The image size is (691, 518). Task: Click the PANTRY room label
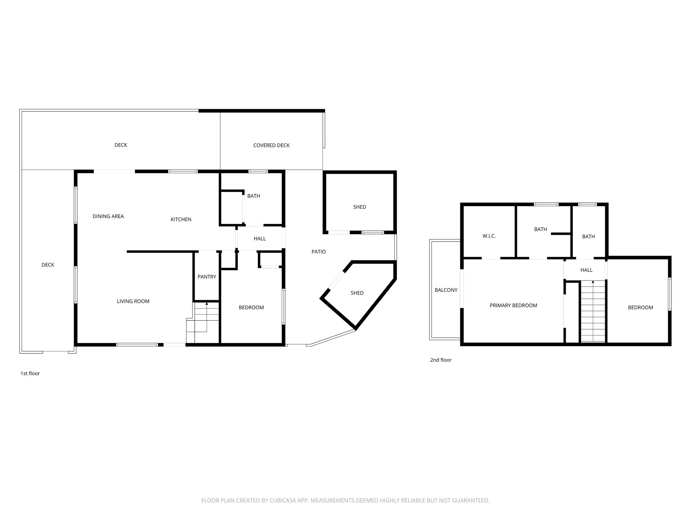207,277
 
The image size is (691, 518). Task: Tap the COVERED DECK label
271,145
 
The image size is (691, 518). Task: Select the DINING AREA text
108,216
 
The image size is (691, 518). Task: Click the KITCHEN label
181,220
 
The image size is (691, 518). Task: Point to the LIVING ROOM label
133,301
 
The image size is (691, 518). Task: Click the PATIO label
319,252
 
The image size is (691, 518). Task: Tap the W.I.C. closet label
489,236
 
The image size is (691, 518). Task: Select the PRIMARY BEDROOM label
513,306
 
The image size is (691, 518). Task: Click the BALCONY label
446,290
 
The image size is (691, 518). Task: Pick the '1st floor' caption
30,373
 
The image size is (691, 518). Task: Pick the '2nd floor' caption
440,360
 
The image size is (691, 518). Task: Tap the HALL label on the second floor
586,270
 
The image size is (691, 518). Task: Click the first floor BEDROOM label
251,308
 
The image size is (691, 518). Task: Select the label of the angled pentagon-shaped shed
357,293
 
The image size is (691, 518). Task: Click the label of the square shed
359,207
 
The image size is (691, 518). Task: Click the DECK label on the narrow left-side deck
48,265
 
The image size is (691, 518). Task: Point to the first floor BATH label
253,196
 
